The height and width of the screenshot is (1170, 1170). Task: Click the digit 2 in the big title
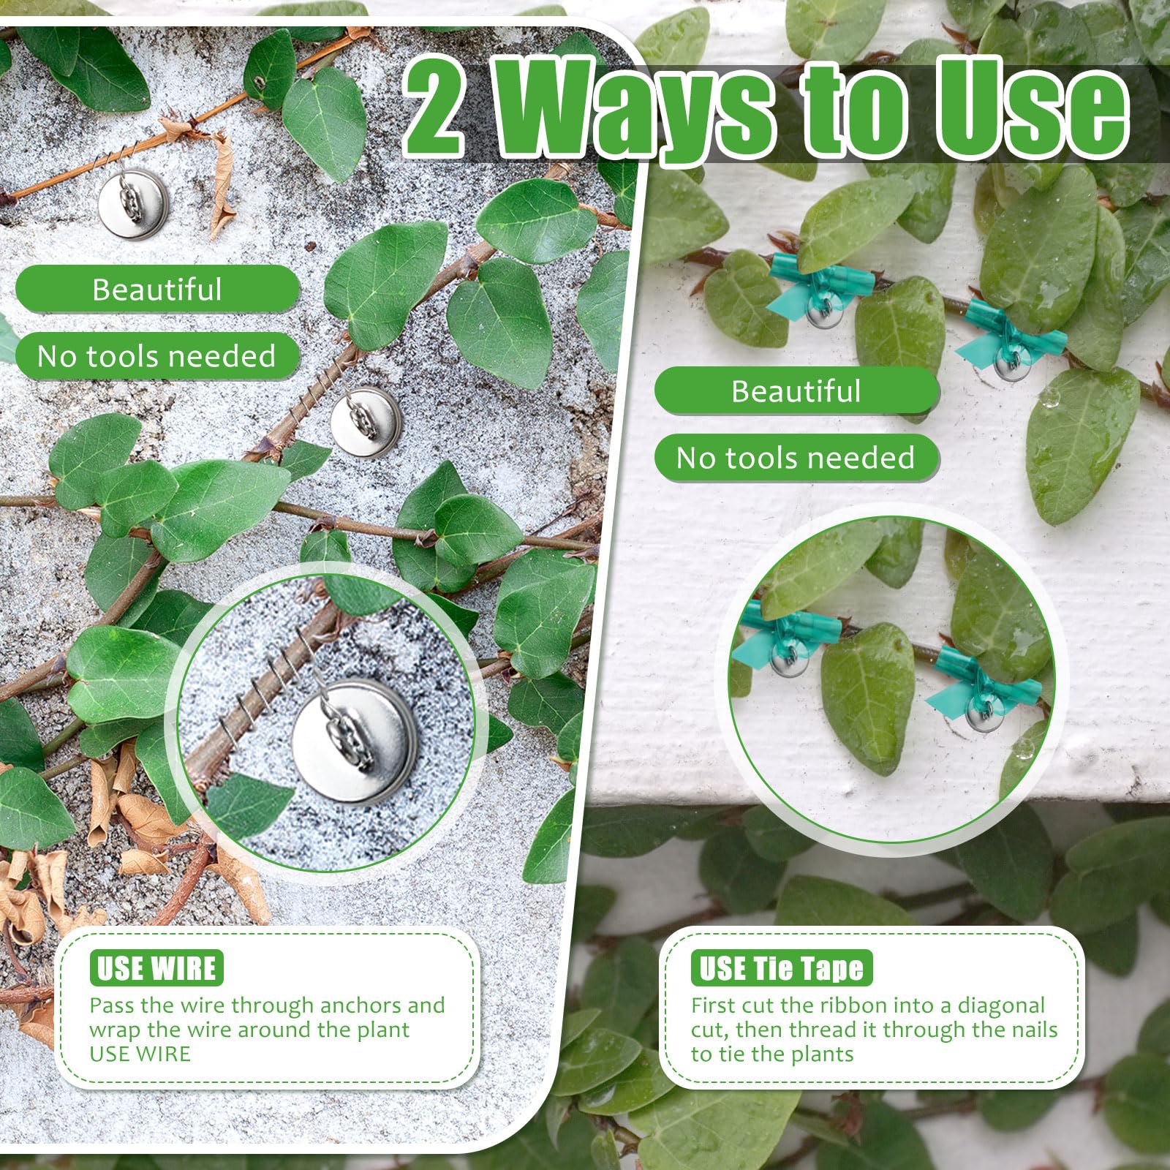click(x=434, y=108)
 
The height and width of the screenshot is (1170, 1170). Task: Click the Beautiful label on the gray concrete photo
click(x=157, y=290)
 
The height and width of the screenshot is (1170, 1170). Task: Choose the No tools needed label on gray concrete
click(x=157, y=356)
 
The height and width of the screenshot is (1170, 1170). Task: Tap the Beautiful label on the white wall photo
click(x=796, y=391)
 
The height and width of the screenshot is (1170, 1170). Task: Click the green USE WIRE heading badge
click(x=156, y=967)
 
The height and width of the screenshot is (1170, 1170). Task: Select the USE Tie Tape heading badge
click(x=782, y=967)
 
